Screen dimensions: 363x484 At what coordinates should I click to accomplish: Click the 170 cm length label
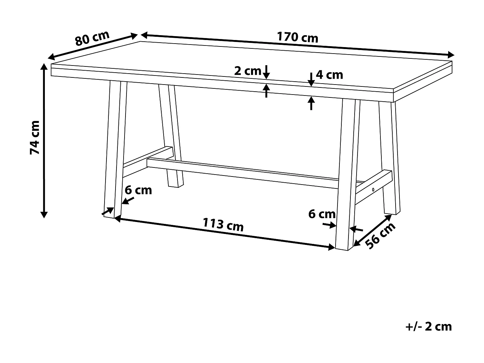coord(297,37)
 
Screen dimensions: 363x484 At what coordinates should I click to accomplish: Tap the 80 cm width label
coord(92,38)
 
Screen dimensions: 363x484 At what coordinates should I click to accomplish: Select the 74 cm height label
coord(35,137)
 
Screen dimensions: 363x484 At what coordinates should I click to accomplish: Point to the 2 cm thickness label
coord(247,71)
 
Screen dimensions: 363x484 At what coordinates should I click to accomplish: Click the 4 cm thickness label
coord(329,75)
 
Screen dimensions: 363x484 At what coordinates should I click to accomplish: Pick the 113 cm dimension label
coord(223,225)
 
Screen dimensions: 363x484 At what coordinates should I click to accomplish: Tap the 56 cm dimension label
coord(380,236)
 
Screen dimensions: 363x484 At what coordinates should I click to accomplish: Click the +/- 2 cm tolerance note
coord(429,327)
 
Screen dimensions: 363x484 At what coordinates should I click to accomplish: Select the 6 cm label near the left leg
coord(138,190)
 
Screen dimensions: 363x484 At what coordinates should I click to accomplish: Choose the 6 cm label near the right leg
coord(322,214)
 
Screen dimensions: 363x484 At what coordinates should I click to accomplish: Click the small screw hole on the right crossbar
coord(373,190)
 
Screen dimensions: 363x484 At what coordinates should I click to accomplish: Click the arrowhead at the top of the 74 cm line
coord(44,66)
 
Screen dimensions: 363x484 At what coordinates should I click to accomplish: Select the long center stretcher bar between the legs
coord(242,172)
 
